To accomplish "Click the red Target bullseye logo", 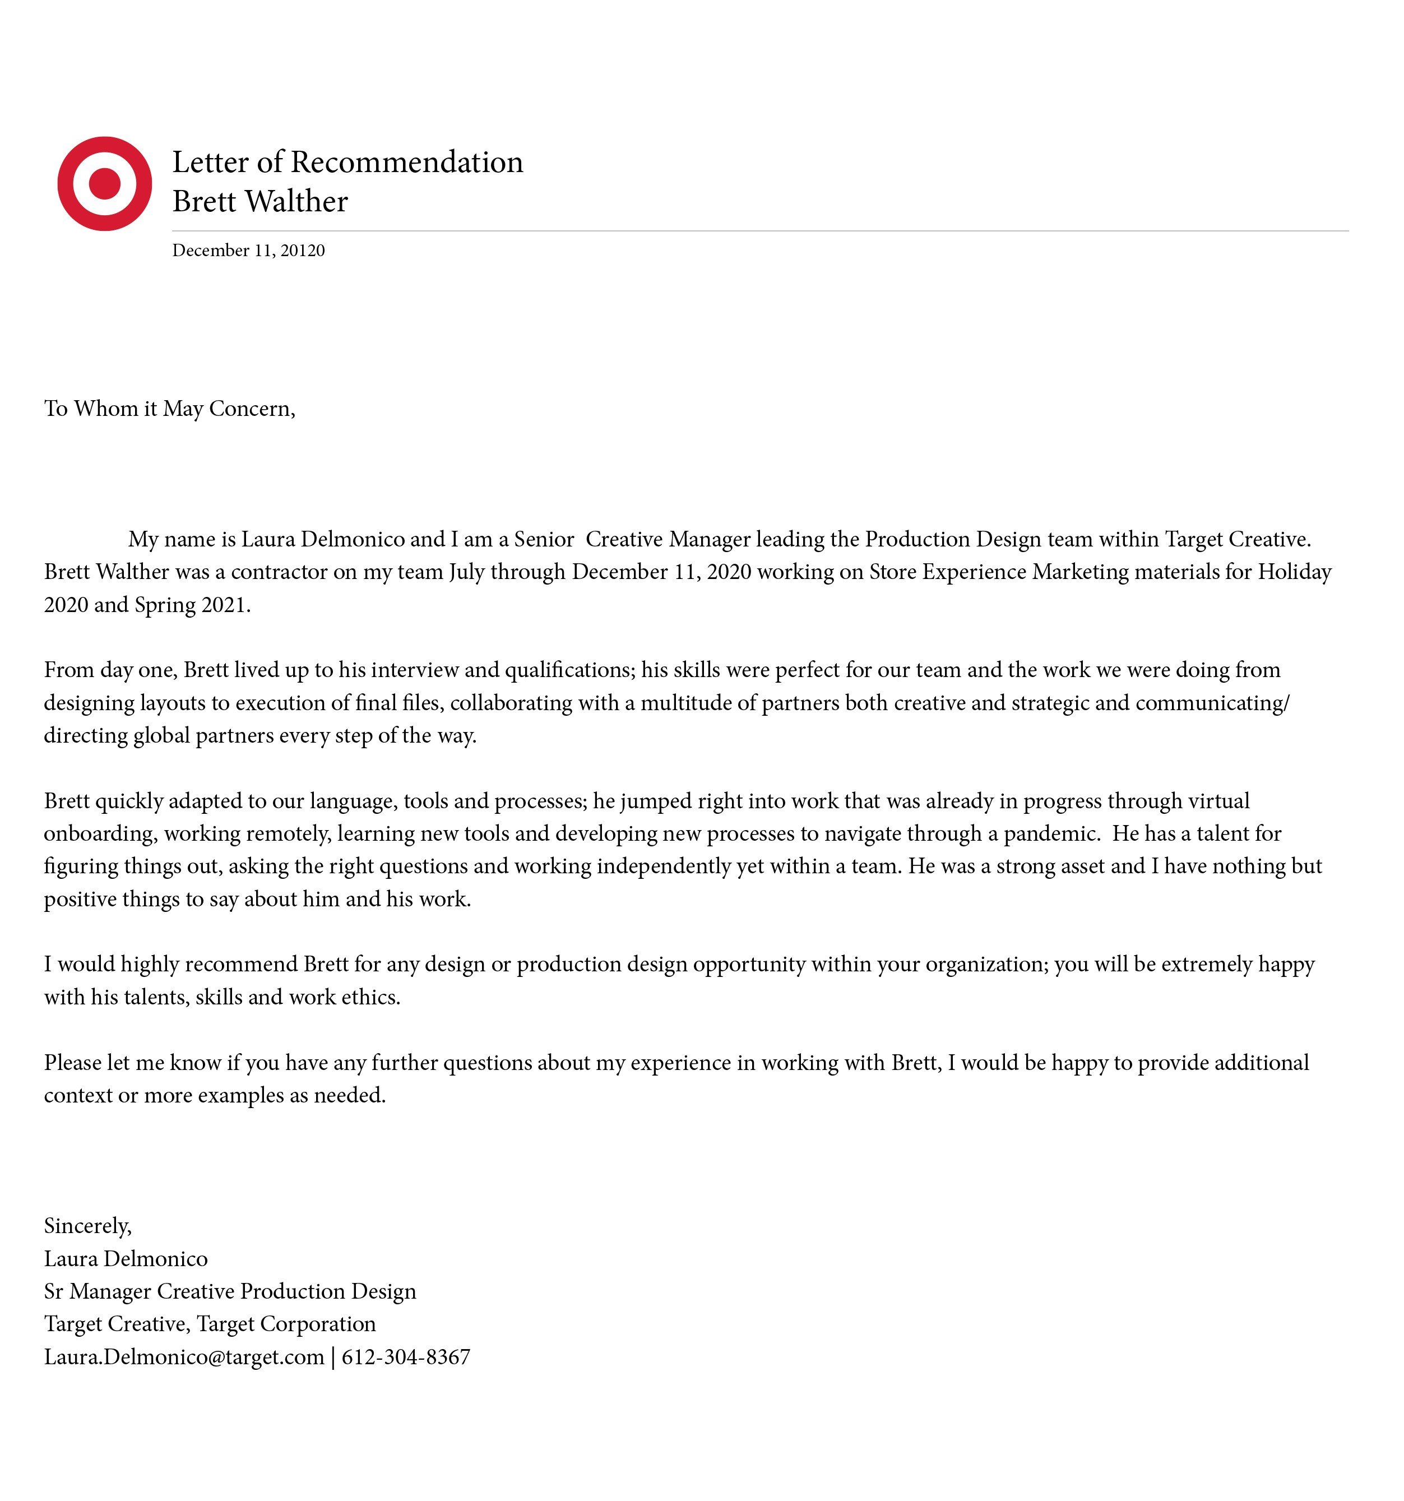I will pos(104,183).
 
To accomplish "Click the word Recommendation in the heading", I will pos(407,163).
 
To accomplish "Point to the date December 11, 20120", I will pos(248,251).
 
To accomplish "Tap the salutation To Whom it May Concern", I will pos(169,409).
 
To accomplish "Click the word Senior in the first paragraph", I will pos(544,539).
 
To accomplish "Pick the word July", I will pos(466,572).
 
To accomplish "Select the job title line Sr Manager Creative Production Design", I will pos(229,1292).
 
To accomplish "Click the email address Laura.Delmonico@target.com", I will pos(183,1357).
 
